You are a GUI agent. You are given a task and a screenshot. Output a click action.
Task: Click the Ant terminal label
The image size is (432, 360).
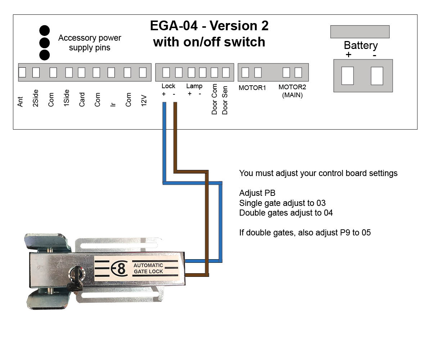(20, 102)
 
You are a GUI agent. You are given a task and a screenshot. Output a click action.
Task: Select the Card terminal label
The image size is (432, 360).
(82, 100)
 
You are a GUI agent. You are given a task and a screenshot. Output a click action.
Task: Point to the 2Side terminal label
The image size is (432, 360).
(35, 98)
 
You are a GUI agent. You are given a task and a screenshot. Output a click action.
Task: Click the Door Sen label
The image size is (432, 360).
(225, 100)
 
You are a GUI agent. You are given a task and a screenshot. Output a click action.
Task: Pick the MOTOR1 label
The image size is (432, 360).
(252, 87)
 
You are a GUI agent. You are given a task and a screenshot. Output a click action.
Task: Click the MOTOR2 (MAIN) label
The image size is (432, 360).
(292, 91)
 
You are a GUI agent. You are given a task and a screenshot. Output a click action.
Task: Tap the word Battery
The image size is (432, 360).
(360, 45)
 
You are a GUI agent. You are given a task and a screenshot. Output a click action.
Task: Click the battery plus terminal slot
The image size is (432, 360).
(347, 76)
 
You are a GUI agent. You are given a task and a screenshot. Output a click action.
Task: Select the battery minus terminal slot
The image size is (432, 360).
(377, 76)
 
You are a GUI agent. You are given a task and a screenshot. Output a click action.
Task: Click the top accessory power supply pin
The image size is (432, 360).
(44, 30)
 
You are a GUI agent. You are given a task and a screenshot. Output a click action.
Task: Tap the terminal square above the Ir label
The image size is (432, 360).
(111, 72)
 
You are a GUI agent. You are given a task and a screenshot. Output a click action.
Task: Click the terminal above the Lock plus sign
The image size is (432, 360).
(166, 72)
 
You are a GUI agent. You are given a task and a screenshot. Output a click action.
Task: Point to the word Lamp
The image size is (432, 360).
(194, 86)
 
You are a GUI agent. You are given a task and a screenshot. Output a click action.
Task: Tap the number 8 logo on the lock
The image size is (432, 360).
(121, 269)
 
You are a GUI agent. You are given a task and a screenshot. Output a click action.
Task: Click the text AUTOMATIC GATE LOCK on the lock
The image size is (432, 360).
(148, 268)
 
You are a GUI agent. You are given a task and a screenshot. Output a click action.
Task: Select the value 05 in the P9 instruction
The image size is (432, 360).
(366, 233)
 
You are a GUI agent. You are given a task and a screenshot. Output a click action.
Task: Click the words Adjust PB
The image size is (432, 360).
(257, 193)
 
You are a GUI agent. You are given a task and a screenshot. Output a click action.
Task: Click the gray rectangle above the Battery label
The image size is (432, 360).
(360, 32)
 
